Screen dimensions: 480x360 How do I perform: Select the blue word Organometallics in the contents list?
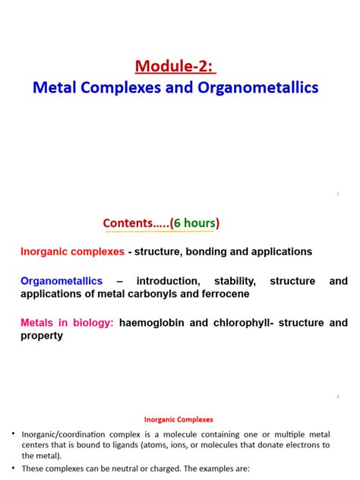pos(62,281)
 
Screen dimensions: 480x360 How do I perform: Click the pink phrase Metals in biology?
pos(67,323)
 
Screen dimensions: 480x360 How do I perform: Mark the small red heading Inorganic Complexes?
pos(179,418)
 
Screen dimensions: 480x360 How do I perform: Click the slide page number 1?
pos(337,194)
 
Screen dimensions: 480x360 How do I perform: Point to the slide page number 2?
pos(337,396)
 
